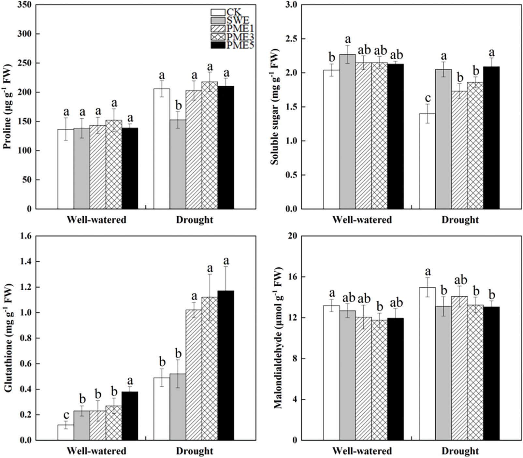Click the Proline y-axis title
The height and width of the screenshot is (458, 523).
tap(7, 107)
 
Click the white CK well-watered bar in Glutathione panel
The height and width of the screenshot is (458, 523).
tap(65, 432)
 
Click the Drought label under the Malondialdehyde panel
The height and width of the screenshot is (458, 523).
tap(460, 451)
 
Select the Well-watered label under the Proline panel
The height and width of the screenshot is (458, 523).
tap(96, 220)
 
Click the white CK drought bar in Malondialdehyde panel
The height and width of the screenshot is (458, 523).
tap(427, 363)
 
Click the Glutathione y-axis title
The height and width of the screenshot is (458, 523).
tap(7, 339)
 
